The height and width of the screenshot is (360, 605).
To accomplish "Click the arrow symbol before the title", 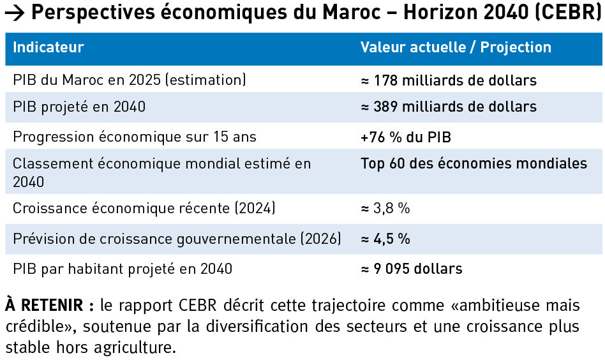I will pyautogui.click(x=15, y=13).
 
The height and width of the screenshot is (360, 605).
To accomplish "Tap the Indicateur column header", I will pyautogui.click(x=49, y=48).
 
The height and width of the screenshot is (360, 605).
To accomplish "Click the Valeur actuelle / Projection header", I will pyautogui.click(x=456, y=48).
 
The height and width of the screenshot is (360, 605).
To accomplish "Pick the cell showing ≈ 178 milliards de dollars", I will pyautogui.click(x=449, y=81).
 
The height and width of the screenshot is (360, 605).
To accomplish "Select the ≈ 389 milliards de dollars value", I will pyautogui.click(x=449, y=107).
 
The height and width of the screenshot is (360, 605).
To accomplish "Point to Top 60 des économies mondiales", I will pyautogui.click(x=474, y=163).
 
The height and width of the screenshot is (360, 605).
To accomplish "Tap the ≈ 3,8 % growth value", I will pyautogui.click(x=385, y=209).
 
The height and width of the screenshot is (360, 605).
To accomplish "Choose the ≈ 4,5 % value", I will pyautogui.click(x=385, y=239).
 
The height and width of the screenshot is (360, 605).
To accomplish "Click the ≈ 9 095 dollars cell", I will pyautogui.click(x=412, y=269).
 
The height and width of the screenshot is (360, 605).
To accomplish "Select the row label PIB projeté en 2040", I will pyautogui.click(x=79, y=107).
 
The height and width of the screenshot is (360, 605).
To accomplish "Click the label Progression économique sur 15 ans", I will pyautogui.click(x=135, y=137).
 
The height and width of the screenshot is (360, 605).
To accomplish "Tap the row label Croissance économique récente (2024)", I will pyautogui.click(x=144, y=209).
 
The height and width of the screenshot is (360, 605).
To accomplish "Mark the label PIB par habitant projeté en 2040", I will pyautogui.click(x=123, y=269).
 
